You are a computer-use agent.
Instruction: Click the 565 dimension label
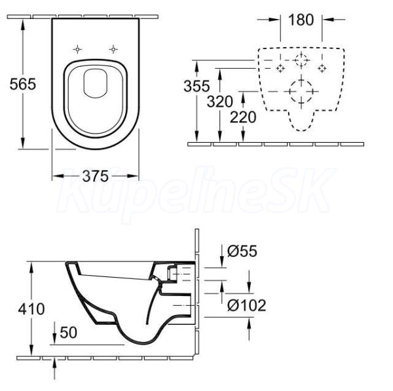[x=23, y=84]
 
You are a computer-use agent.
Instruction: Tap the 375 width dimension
[x=96, y=176]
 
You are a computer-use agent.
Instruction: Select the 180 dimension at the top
[x=301, y=20]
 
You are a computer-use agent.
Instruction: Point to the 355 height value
[x=196, y=86]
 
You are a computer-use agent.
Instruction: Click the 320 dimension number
[x=220, y=102]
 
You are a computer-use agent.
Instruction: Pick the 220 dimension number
[x=243, y=117]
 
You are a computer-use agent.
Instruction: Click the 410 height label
[x=31, y=308]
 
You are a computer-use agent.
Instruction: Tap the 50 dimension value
[x=68, y=333]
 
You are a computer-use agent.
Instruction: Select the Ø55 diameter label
[x=242, y=251]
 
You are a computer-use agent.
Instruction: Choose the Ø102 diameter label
[x=247, y=305]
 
